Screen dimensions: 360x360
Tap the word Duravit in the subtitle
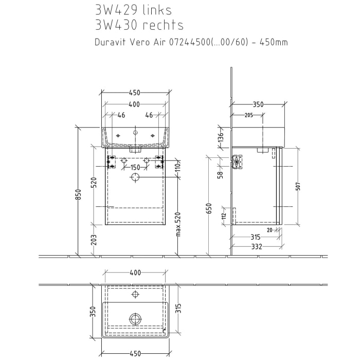110,42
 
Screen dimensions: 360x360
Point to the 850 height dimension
79,194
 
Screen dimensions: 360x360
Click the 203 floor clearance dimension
93,240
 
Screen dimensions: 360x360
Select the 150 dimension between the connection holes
135,168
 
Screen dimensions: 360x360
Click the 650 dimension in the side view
208,208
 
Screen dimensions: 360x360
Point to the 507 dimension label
298,186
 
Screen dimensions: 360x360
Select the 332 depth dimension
257,247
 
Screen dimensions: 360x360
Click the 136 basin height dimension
220,137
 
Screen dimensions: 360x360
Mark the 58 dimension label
220,174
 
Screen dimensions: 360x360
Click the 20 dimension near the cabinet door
269,230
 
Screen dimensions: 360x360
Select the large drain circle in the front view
135,177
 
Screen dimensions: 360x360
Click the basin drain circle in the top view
135,319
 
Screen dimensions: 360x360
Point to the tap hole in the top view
135,295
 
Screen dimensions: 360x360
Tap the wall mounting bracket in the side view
237,161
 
